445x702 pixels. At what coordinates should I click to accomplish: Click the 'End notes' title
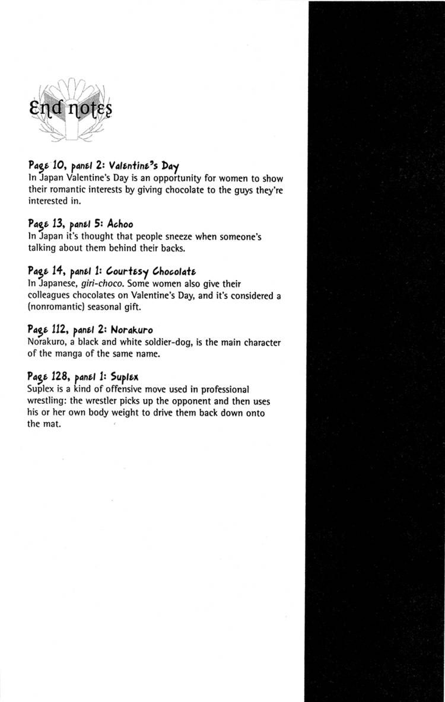[x=69, y=109]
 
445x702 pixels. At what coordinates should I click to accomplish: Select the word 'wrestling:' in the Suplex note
[x=49, y=401]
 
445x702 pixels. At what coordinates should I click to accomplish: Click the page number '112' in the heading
[x=53, y=329]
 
